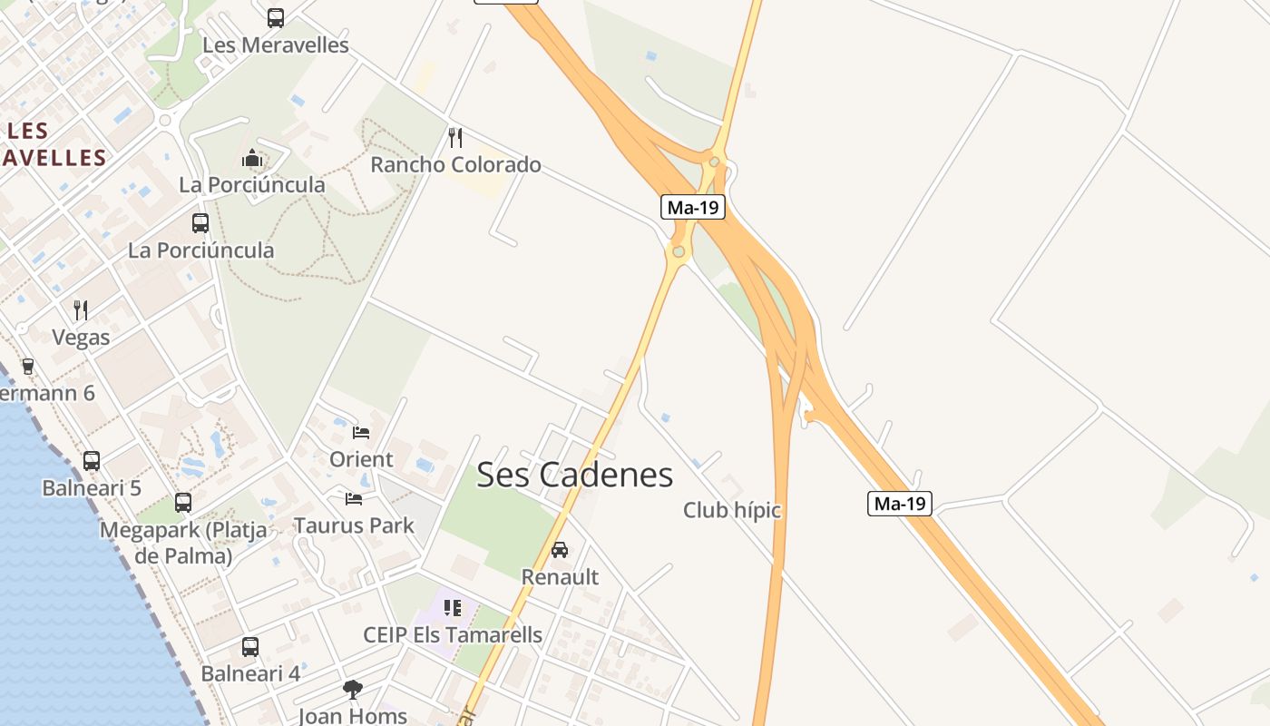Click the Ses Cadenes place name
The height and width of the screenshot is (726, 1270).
coord(574,475)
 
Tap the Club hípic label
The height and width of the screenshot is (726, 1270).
coord(731,510)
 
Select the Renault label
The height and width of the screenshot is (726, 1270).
coord(560,576)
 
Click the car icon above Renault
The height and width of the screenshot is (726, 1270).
coord(560,550)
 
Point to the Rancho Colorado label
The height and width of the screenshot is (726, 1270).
coord(455,164)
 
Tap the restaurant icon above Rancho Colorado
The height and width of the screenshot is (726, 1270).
coord(455,138)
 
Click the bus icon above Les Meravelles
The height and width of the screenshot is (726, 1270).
coord(275,18)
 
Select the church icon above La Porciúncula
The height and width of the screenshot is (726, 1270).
coord(251,159)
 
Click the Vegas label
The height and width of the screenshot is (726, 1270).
coord(81,338)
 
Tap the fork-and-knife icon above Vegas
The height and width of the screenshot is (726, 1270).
coord(81,310)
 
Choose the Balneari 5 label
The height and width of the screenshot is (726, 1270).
coord(92,487)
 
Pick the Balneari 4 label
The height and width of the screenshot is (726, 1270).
coord(250,673)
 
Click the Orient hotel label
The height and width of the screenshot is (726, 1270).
coord(361,459)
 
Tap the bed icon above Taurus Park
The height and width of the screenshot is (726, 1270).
coord(354,498)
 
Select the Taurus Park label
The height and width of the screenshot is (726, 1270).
coord(354,525)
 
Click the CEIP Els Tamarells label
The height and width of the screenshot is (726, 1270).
coord(453,634)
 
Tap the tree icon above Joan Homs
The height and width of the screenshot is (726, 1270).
coord(352,690)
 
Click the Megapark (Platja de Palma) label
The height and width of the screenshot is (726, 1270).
coord(183,542)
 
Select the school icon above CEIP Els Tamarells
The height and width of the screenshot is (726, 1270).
coord(453,607)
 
